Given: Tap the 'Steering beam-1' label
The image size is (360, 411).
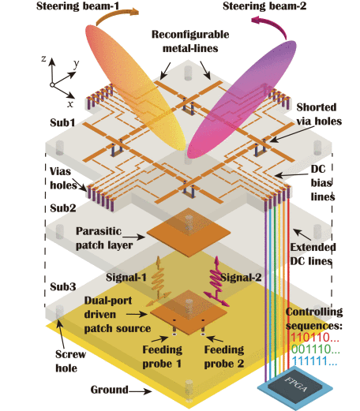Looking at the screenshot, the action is [x=78, y=6].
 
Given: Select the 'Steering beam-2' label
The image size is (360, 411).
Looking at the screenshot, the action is [x=264, y=6].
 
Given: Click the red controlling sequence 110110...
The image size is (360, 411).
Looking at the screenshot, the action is [x=315, y=338].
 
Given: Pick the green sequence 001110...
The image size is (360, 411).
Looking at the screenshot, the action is [x=316, y=349].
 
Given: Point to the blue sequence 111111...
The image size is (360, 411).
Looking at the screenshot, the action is [x=314, y=361].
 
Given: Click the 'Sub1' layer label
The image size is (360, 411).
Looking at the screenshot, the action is [x=62, y=122].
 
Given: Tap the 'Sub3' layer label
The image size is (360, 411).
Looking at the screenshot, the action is [x=63, y=286].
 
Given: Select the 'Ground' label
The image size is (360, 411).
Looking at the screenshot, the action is [x=110, y=390].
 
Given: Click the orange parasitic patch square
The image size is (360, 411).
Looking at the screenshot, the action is [x=189, y=232].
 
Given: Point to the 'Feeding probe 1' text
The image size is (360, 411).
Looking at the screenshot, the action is [x=162, y=357].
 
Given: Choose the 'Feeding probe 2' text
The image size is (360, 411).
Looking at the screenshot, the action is [x=224, y=357].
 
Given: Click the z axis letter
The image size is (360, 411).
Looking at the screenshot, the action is [x=43, y=58].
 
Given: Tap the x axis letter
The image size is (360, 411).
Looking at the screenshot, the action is [x=70, y=104].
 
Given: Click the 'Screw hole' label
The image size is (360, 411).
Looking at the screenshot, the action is [x=70, y=361].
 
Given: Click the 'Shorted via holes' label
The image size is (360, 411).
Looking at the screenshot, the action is [x=319, y=114].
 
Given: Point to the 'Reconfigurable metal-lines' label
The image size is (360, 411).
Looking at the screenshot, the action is [x=190, y=42].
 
